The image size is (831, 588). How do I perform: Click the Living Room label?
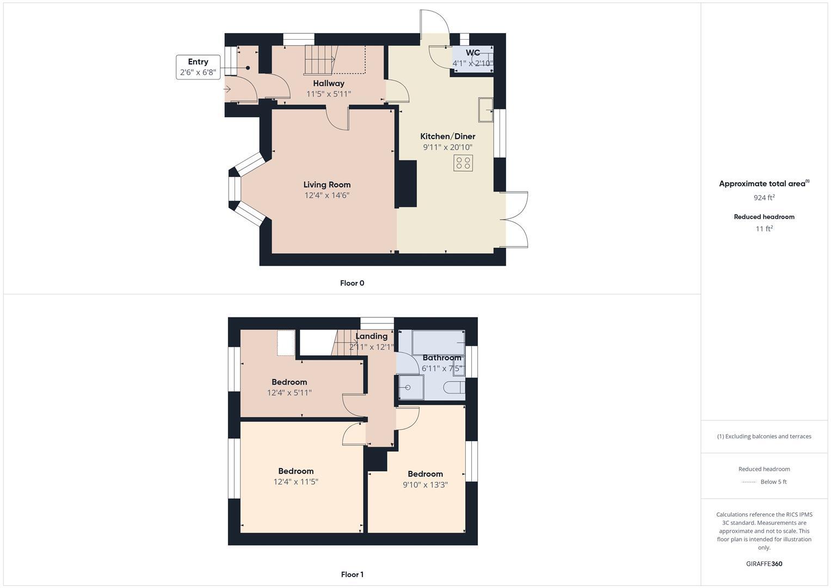point(327,185)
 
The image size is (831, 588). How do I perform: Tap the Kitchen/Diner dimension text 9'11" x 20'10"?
point(447,147)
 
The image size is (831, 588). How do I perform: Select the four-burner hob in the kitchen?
point(463,163)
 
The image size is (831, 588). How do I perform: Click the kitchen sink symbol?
point(485,110)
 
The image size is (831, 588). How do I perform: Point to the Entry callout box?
point(198,67)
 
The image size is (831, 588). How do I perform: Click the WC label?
point(472,53)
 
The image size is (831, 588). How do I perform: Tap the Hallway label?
point(328,83)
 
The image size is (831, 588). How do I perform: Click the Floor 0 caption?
point(352,283)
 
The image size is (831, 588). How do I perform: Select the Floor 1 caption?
point(352,574)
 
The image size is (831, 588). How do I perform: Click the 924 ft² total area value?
point(764,198)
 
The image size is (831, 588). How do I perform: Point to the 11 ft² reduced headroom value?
point(764,229)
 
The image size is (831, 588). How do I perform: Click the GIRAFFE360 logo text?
point(764,563)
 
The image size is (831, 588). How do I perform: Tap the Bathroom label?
point(441,358)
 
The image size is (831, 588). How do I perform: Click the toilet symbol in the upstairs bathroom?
point(454,388)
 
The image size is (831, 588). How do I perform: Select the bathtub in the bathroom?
point(438,342)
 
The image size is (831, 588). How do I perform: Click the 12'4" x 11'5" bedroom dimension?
point(296,482)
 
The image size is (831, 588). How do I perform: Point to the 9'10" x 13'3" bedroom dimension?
point(425,485)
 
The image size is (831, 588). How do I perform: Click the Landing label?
point(371,336)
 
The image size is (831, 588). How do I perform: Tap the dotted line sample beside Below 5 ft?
point(749,482)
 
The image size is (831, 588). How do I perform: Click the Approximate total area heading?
point(762,184)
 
